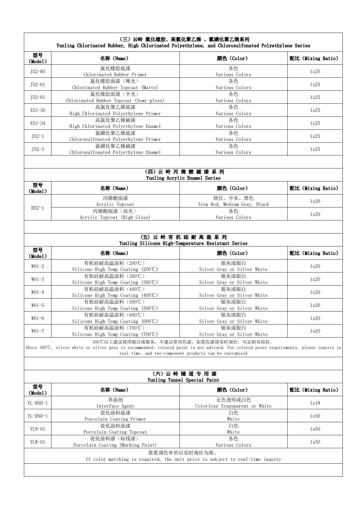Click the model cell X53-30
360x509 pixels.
(x=38, y=110)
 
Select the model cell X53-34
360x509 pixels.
(x=38, y=123)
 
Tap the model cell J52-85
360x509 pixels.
(x=38, y=71)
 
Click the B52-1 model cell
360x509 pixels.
(x=38, y=208)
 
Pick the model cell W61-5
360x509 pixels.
(x=38, y=305)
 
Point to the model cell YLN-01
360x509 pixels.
(x=38, y=429)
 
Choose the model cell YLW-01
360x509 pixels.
(x=38, y=442)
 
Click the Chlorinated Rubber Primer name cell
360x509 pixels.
(x=115, y=71)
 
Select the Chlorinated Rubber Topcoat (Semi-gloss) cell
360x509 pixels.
(x=115, y=97)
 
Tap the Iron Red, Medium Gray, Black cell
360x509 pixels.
(x=233, y=201)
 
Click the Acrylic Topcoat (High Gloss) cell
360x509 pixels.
(x=115, y=214)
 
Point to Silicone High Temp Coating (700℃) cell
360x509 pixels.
(x=115, y=331)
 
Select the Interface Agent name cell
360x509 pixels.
(x=115, y=403)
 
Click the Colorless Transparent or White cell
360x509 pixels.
(x=233, y=403)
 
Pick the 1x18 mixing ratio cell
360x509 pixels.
(x=315, y=403)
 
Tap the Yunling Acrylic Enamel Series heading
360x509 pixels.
(x=183, y=175)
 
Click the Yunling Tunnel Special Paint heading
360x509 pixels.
(x=183, y=377)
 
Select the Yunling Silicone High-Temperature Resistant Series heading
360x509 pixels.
(x=183, y=240)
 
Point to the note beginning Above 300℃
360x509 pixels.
(x=183, y=347)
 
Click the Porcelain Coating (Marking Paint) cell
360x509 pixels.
(x=115, y=442)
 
